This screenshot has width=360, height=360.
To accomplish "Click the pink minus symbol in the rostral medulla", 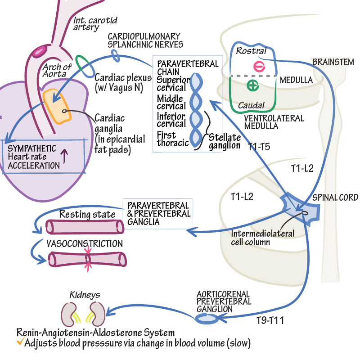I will [x=259, y=66].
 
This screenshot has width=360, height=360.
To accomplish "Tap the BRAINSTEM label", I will [x=333, y=62].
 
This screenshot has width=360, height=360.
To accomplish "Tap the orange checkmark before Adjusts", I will [x=20, y=342].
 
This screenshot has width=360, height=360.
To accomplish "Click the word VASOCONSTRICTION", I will [x=85, y=243].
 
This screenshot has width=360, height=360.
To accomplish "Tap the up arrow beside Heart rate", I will [x=64, y=157].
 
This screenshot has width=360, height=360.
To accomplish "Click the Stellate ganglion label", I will [x=225, y=141].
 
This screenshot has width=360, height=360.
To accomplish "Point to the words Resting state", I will [x=87, y=214].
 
